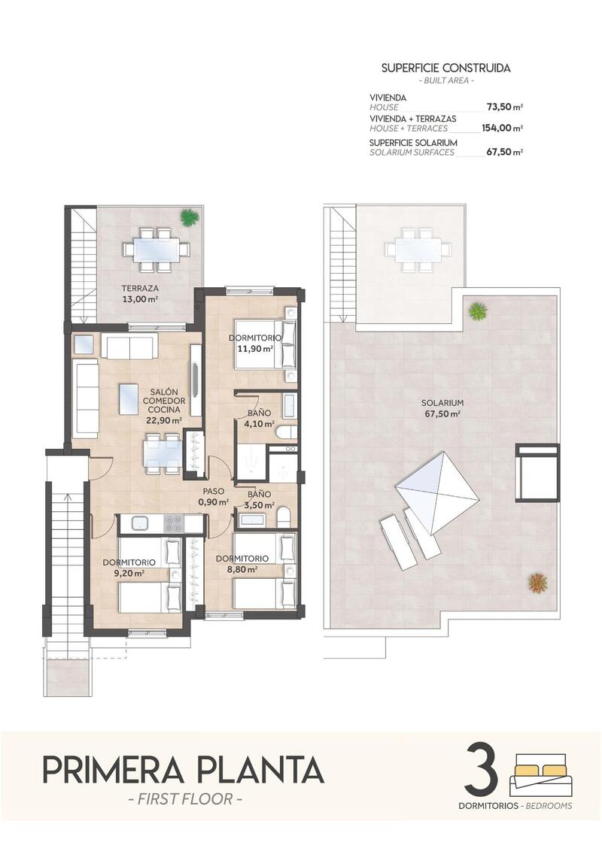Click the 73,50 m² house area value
coord(502,108)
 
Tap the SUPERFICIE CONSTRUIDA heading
coord(445,68)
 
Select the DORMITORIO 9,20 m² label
coord(129,568)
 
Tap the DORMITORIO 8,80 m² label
coord(242,564)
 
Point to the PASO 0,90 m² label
coord(213,497)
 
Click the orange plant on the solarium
coord(537,582)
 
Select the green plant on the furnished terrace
coord(189,217)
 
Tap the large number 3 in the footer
coord(482,770)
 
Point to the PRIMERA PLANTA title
coord(183,770)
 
